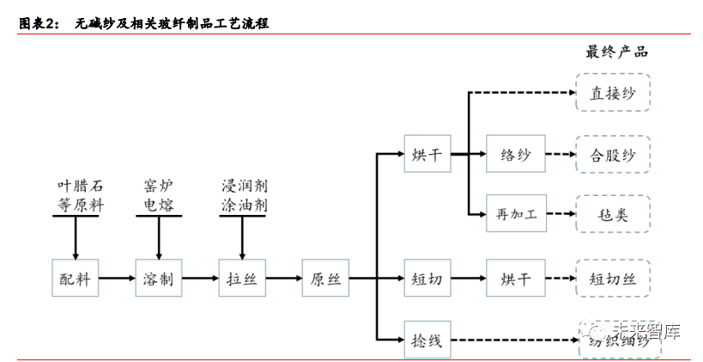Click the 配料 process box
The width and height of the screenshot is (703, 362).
[x=75, y=279]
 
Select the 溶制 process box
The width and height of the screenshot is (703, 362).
[x=159, y=279]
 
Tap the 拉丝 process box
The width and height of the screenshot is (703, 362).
[x=242, y=279]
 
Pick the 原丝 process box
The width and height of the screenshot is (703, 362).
[x=326, y=279]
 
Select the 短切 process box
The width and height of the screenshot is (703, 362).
[x=427, y=279]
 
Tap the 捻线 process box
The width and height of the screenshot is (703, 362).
[x=427, y=341]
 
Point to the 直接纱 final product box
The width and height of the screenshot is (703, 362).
[x=613, y=93]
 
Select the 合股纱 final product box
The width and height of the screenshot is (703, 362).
[x=613, y=156]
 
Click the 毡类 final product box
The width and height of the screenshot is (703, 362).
[x=613, y=214]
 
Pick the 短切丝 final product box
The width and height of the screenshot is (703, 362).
[x=613, y=279]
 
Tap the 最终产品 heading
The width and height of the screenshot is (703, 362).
[x=616, y=52]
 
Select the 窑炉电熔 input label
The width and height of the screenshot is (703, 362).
[x=159, y=195]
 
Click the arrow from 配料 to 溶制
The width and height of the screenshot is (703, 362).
[x=117, y=279]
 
